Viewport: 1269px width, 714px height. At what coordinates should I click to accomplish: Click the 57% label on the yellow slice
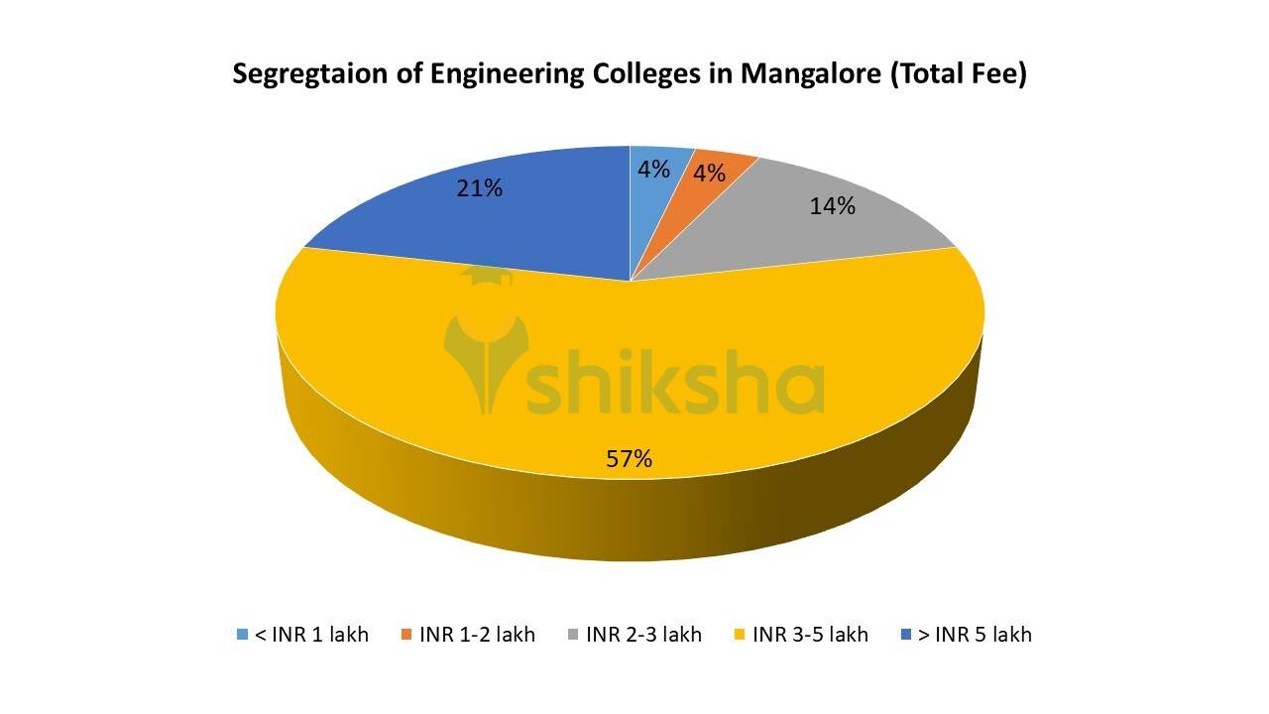coord(630,458)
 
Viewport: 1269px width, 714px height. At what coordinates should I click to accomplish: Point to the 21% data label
coord(479,187)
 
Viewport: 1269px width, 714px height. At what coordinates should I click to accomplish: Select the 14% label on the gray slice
coord(832,206)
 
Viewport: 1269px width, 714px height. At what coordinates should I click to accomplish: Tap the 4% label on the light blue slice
coord(653,170)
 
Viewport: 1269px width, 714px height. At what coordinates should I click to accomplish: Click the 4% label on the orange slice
coord(709,174)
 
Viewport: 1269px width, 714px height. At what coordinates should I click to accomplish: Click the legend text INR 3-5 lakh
coord(810,635)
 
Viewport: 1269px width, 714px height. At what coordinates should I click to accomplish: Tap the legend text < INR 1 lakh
coord(311,635)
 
